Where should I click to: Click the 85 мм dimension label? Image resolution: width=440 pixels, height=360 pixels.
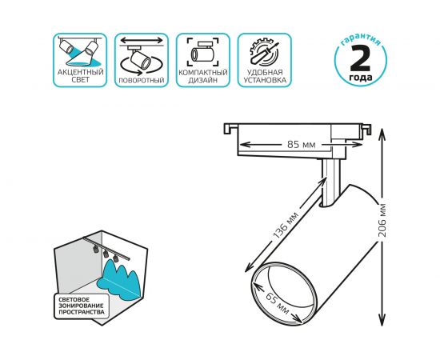click(302, 145)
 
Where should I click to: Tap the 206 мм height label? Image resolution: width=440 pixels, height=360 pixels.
click(382, 220)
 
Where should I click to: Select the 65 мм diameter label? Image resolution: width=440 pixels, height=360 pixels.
click(278, 304)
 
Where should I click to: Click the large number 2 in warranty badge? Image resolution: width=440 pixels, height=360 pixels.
click(360, 58)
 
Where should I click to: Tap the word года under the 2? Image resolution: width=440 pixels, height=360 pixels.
click(361, 77)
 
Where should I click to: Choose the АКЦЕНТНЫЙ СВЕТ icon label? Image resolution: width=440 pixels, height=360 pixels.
click(81, 76)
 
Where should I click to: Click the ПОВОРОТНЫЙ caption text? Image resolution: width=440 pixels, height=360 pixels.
click(142, 81)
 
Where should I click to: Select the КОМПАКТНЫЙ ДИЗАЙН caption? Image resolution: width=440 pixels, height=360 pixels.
click(203, 76)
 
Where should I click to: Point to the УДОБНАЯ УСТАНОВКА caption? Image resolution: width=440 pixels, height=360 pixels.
click(265, 76)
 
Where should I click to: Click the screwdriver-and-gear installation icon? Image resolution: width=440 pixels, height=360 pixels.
click(264, 53)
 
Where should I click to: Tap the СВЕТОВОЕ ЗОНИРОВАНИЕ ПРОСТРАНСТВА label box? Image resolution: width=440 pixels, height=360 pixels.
click(82, 306)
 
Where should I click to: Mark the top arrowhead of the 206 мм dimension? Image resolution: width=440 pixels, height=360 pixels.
click(382, 133)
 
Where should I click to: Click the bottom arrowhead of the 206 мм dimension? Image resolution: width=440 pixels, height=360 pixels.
click(382, 322)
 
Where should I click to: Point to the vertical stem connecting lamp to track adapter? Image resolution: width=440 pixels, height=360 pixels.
click(331, 183)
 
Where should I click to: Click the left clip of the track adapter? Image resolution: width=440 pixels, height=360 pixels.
click(230, 129)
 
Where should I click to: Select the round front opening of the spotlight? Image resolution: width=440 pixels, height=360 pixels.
click(284, 294)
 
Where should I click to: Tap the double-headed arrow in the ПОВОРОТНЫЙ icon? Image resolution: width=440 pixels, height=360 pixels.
click(142, 41)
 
